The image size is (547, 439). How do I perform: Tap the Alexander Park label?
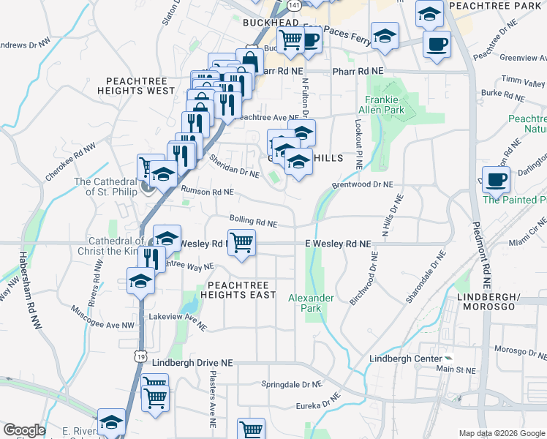pos(311,303)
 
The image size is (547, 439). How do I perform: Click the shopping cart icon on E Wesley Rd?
pos(241,241)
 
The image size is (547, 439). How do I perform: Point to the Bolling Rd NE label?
pos(253,220)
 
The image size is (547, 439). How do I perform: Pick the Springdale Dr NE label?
pos(292,384)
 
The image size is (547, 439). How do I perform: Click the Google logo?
pos(23,430)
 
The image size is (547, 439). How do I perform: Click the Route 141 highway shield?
pos(293,5)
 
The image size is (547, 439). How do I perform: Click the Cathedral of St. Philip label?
pos(108,187)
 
